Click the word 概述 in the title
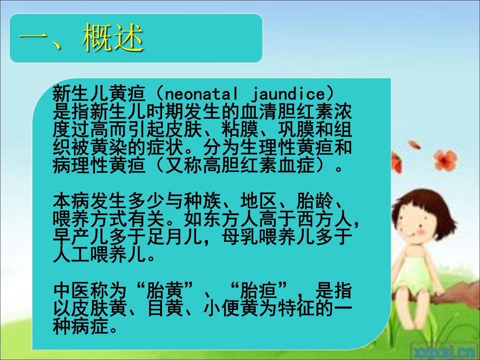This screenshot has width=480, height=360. click(113, 38)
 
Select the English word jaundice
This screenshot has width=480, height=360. click(288, 94)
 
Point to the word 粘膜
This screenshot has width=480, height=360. click(240, 130)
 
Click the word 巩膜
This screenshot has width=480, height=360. click(296, 130)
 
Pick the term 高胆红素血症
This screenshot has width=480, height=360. click(259, 165)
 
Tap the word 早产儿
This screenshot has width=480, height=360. click(81, 237)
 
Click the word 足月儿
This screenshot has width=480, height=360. click(174, 237)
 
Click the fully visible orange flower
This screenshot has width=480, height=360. click(445, 160)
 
